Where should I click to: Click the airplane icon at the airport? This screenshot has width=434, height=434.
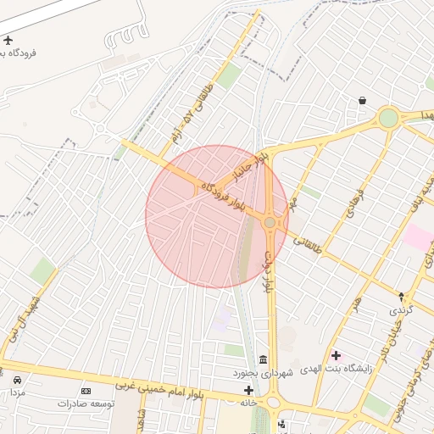click(8, 40)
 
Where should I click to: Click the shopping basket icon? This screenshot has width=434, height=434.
click(362, 101)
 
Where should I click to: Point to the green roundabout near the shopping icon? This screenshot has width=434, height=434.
click(388, 118)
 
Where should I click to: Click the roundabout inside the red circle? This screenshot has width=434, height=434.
click(270, 222)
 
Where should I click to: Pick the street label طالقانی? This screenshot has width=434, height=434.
click(306, 245)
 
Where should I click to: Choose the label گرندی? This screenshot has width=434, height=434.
click(400, 311)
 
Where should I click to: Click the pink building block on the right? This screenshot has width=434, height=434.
click(419, 236)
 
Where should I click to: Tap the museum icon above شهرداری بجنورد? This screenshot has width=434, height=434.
click(263, 359)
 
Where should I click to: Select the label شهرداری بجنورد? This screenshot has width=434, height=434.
click(263, 372)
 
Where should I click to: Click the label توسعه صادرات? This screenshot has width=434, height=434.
click(85, 403)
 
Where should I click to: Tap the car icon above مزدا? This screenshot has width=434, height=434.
click(18, 380)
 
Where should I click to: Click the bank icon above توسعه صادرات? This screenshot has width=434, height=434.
click(86, 391)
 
